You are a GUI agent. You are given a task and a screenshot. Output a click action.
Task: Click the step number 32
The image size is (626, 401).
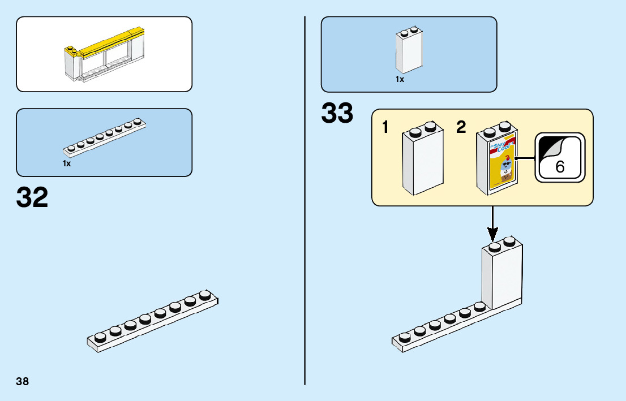pyautogui.click(x=32, y=197)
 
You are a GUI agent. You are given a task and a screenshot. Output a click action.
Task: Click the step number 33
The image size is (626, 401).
pyautogui.click(x=337, y=113)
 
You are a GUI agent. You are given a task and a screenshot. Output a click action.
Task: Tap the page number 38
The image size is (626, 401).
pyautogui.click(x=23, y=381)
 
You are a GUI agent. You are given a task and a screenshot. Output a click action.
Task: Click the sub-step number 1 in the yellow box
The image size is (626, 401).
pyautogui.click(x=385, y=128)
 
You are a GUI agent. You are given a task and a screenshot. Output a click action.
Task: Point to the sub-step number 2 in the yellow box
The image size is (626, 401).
pyautogui.click(x=461, y=128)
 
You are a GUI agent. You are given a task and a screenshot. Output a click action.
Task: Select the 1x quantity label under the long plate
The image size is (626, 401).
pyautogui.click(x=67, y=163)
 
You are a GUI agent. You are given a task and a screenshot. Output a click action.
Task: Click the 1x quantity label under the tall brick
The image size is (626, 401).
pyautogui.click(x=400, y=80)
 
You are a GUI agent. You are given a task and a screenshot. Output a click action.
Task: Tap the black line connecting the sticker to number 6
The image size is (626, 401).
pyautogui.click(x=527, y=158)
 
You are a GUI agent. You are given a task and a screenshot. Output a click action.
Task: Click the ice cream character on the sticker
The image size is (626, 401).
pyautogui.click(x=507, y=169)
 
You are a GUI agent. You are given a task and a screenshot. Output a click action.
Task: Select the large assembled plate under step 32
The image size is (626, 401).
pyautogui.click(x=153, y=322)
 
